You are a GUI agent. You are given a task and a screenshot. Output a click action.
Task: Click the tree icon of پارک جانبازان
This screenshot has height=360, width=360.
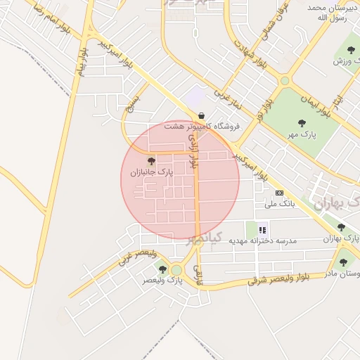click(151, 161)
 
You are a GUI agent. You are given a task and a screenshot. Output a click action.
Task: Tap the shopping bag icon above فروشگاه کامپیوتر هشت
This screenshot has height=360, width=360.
click(202, 115)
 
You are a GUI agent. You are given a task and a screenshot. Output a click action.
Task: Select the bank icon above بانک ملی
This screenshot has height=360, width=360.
click(280, 193)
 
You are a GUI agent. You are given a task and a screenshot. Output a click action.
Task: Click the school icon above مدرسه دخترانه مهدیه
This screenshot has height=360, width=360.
click(263, 229)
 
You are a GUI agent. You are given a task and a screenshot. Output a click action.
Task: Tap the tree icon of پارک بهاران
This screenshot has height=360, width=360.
click(341, 227)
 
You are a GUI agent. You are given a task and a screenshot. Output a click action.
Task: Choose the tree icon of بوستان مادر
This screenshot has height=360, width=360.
click(343, 262)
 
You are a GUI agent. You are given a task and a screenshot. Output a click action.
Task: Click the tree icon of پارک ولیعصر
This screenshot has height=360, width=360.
click(162, 269)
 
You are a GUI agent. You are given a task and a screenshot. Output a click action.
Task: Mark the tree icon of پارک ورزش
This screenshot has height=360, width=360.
click(351, 49)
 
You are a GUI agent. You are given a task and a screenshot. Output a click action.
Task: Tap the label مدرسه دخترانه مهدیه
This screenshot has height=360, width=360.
click(267, 240)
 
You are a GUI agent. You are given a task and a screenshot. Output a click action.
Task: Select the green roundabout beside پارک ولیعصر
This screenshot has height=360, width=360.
click(176, 270)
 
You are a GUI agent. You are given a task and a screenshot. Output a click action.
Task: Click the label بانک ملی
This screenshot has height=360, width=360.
click(280, 204)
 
